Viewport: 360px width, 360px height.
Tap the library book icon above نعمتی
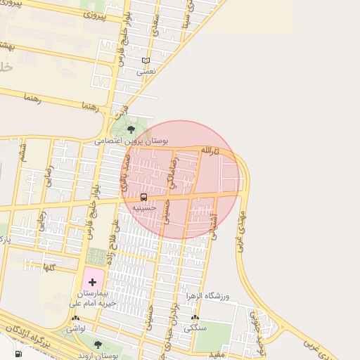(x=146, y=60)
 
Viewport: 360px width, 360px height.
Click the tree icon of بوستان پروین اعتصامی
(x=131, y=129)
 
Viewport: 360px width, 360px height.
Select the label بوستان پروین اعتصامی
(x=133, y=141)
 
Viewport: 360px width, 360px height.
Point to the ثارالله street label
(x=210, y=150)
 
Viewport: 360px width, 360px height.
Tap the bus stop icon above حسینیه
(x=144, y=197)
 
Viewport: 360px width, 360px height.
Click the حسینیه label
(x=144, y=208)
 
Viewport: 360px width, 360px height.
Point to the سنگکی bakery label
(x=195, y=328)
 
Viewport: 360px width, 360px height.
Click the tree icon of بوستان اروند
(x=98, y=345)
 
